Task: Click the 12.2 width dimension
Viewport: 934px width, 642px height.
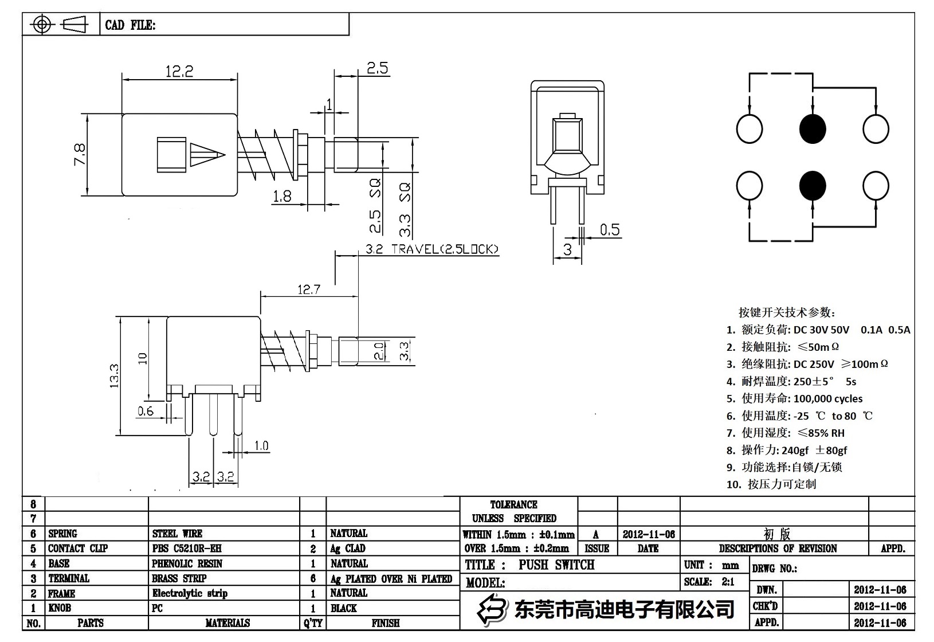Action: click(x=179, y=72)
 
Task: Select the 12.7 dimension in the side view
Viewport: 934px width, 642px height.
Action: click(x=308, y=289)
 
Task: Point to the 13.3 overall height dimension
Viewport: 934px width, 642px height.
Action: click(x=113, y=375)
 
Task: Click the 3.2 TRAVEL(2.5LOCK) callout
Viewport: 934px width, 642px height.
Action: click(x=432, y=249)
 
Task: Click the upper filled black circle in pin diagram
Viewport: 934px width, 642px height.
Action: click(x=813, y=128)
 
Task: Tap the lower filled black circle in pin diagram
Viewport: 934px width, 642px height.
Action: click(x=813, y=186)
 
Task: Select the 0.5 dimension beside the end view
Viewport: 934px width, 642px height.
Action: click(x=610, y=230)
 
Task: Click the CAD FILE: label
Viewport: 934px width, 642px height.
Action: click(x=130, y=25)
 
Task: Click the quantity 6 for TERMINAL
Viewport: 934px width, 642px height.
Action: click(x=313, y=578)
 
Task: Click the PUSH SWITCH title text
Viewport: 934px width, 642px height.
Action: click(x=556, y=565)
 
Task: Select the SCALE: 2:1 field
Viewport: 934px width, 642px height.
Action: click(x=709, y=582)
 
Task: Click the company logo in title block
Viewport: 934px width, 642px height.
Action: click(x=493, y=609)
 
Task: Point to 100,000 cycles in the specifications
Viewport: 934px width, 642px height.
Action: click(x=828, y=398)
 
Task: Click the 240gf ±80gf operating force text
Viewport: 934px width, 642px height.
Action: click(x=814, y=450)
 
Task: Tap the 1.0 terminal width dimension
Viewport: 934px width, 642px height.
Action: click(x=261, y=445)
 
